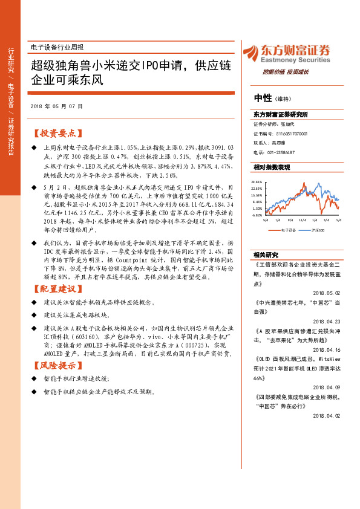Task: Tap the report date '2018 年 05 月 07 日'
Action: click(56, 106)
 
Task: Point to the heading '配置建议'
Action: click(58, 287)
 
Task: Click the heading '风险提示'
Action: click(58, 365)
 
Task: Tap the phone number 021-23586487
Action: click(281, 152)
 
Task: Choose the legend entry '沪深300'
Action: click(317, 230)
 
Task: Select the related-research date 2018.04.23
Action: click(327, 322)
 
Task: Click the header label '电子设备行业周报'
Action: click(57, 47)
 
